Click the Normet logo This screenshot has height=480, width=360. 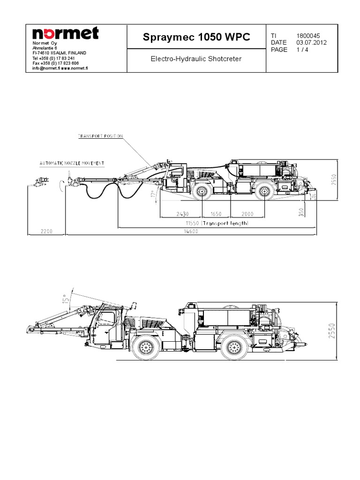[x=65, y=34]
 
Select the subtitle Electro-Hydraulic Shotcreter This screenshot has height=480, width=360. [x=196, y=60]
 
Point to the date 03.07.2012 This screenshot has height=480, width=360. [x=311, y=43]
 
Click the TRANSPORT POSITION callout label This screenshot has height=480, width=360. [x=100, y=136]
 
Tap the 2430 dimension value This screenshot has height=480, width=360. [x=183, y=214]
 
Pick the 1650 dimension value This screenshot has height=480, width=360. [x=216, y=214]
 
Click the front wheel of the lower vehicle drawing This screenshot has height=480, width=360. [x=146, y=347]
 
